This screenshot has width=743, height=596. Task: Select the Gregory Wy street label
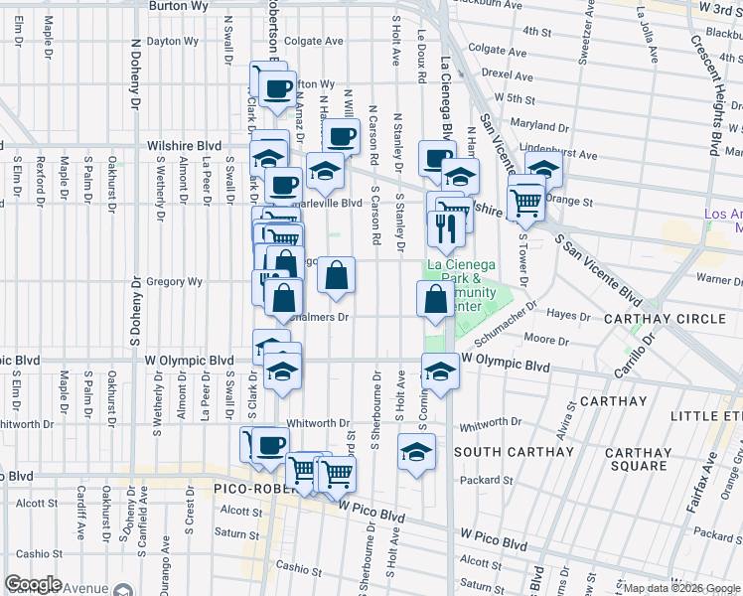point(174,282)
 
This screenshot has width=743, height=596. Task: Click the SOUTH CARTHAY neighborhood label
point(514,452)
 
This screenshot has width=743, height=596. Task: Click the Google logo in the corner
point(33,584)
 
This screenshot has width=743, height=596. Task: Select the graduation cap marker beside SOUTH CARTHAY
point(417,453)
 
